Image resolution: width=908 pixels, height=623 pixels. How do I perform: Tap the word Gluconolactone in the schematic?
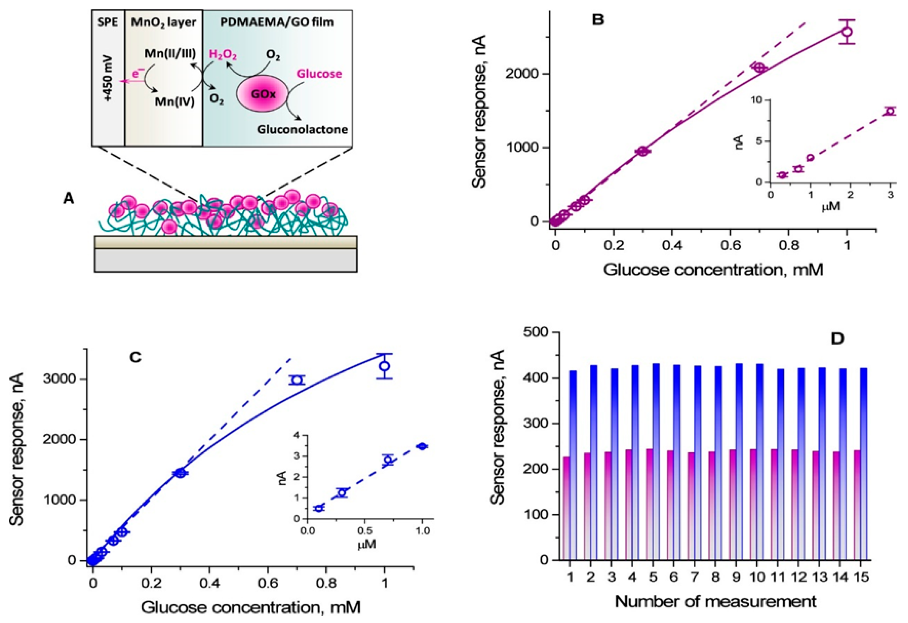pos(302,129)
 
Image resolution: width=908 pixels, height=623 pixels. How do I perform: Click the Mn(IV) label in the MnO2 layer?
pos(175,102)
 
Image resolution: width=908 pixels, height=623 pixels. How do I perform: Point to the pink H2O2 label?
pos(223,55)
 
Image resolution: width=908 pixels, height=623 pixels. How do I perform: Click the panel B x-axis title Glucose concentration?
pos(713,270)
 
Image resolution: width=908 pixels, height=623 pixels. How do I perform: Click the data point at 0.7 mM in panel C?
pos(297,380)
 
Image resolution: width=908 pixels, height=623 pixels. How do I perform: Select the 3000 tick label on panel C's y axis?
pos(59,379)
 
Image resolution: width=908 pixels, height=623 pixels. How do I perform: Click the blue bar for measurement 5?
pos(656,461)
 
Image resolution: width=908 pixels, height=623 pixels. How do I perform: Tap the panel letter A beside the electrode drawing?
pos(68,199)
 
